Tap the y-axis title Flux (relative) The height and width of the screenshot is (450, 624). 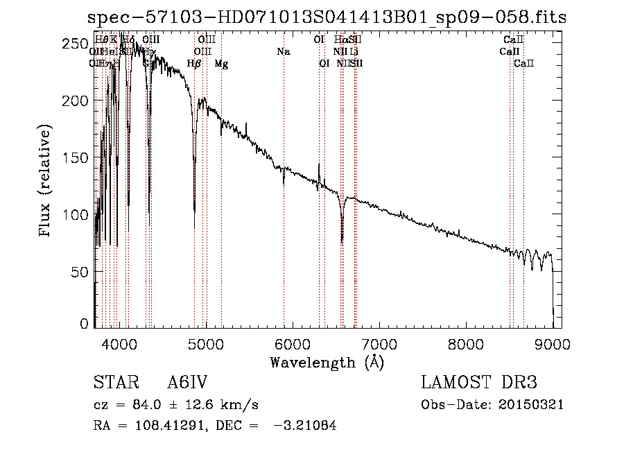46,182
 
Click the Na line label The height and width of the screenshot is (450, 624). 283,52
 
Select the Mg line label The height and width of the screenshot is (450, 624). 221,64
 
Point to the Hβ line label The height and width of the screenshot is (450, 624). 194,64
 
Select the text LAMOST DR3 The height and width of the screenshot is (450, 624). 478,383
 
